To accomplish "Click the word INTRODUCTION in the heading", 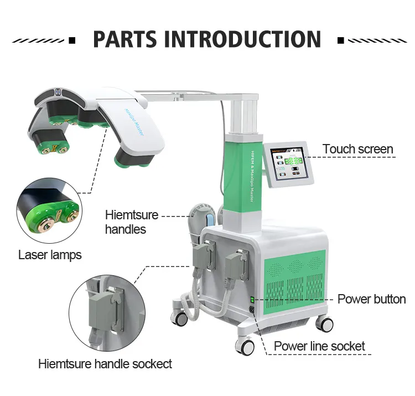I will (x=242, y=39).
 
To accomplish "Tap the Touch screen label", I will (x=358, y=149).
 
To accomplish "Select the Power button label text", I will (x=371, y=299).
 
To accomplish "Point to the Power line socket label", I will (x=320, y=347).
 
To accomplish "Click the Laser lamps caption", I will (x=50, y=255).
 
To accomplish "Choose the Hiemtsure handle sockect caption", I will (x=105, y=364).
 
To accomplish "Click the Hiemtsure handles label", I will (x=132, y=222).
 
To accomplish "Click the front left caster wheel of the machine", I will (x=245, y=346).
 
